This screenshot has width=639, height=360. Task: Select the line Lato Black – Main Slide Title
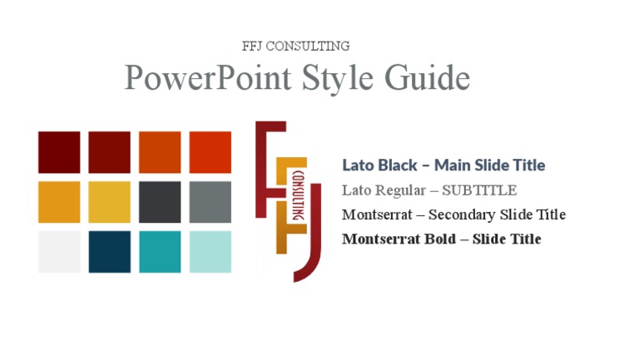[x=443, y=165]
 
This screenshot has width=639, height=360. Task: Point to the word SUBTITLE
[x=479, y=190]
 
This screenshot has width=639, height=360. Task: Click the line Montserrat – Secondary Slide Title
[x=453, y=215]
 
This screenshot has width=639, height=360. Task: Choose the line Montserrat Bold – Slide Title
[x=441, y=239]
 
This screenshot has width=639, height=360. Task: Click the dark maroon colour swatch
[x=59, y=152]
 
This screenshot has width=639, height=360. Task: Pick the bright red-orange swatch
[x=210, y=152]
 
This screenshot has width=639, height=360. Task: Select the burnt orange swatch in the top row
[x=160, y=152]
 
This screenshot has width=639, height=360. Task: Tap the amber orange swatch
[x=59, y=202]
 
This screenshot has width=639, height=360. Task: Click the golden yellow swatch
[x=109, y=202]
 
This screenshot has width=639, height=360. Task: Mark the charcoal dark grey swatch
[x=160, y=202]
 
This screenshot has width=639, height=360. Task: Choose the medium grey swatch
[x=210, y=202]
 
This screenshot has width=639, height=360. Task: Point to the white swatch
[x=59, y=252]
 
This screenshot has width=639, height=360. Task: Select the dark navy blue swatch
[x=109, y=252]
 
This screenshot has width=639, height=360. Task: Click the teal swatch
[x=160, y=252]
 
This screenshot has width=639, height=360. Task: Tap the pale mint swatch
[x=210, y=252]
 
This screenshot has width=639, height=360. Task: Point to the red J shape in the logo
[x=313, y=249]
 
